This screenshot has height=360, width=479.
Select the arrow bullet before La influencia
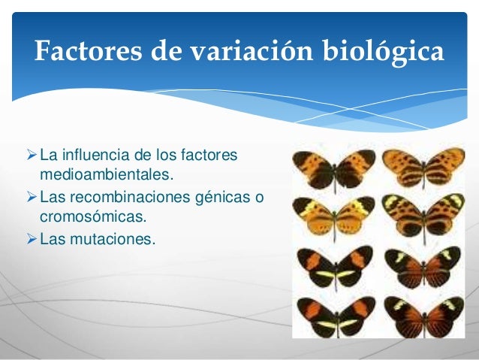(x=31, y=156)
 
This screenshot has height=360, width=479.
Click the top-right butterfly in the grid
(x=423, y=168)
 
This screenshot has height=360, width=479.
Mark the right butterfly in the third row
(x=423, y=267)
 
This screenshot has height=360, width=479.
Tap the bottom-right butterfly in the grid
(x=423, y=314)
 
